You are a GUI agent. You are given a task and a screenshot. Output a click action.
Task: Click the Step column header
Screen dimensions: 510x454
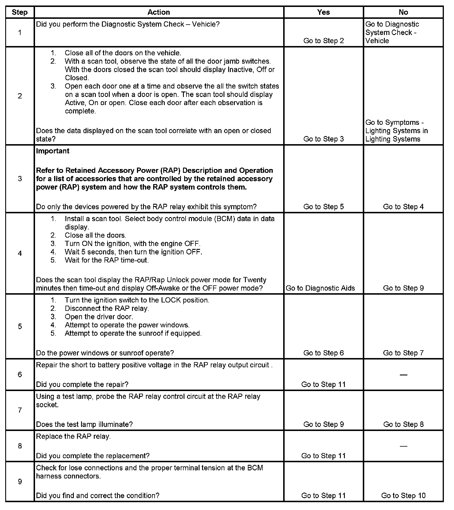click(x=20, y=12)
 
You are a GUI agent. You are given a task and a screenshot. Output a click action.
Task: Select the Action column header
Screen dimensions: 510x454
click(x=159, y=12)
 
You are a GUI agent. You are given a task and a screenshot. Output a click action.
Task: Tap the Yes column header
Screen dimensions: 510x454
click(x=323, y=12)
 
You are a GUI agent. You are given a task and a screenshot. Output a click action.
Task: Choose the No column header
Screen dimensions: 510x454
click(x=403, y=12)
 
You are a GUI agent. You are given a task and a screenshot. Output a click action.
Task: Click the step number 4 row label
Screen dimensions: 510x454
click(x=20, y=253)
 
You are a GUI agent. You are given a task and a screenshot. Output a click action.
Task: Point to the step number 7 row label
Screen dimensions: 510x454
click(x=20, y=410)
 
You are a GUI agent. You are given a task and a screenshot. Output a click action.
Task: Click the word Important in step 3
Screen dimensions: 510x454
click(x=53, y=151)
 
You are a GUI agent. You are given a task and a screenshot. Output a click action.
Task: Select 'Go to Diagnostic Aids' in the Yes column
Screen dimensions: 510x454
click(x=320, y=288)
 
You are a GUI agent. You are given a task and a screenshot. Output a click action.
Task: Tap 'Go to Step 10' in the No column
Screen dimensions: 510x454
click(x=403, y=496)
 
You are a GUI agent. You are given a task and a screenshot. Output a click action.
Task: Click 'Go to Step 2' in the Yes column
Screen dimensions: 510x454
click(x=323, y=41)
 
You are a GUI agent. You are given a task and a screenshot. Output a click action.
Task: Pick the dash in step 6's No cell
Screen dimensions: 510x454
click(x=403, y=375)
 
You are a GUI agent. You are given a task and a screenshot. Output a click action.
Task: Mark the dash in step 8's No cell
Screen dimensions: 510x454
click(x=403, y=446)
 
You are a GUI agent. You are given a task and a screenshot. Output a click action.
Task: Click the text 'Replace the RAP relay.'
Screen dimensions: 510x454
click(x=74, y=436)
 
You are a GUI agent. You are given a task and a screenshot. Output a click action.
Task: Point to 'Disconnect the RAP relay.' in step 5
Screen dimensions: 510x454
click(x=107, y=309)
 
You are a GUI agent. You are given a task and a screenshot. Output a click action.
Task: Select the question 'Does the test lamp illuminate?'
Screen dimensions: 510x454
click(x=84, y=424)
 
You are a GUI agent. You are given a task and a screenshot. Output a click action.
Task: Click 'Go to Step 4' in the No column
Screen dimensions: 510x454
click(x=403, y=207)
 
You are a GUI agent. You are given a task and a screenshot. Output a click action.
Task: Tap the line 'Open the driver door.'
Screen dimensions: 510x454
click(x=99, y=317)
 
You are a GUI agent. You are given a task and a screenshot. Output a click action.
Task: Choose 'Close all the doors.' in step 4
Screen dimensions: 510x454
click(x=96, y=235)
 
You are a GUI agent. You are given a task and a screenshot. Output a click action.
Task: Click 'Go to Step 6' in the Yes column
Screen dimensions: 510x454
click(x=323, y=353)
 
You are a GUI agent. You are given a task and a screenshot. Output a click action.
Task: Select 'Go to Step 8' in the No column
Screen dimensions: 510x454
click(x=403, y=424)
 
